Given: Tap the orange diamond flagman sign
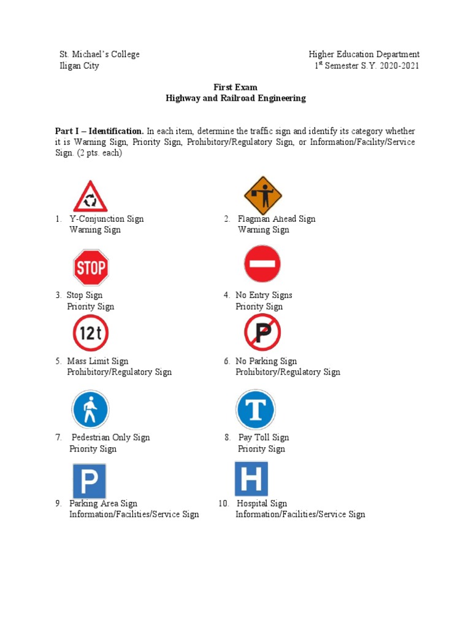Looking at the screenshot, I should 262,195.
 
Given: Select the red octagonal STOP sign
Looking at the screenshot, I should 91,267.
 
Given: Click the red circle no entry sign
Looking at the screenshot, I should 262,264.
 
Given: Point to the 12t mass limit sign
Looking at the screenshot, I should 91,333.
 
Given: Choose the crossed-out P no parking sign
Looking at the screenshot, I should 262,332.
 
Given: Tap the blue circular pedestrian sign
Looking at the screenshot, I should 91,410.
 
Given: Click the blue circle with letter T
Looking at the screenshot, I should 256,409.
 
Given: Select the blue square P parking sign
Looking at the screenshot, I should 90,480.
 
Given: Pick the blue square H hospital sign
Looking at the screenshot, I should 251,479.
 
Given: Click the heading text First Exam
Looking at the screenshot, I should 235,87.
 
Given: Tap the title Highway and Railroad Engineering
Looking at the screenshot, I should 235,98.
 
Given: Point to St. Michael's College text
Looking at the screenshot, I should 99,54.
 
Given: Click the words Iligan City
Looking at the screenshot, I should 78,66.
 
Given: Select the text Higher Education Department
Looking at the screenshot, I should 364,54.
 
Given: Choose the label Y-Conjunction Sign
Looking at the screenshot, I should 107,219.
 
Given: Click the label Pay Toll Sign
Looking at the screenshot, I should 264,437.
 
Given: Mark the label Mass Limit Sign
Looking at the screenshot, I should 98,361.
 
